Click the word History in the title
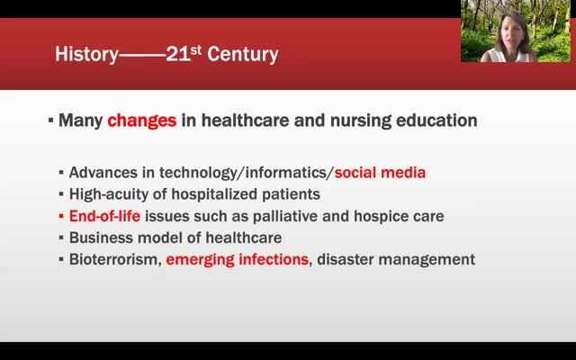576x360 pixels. (86, 54)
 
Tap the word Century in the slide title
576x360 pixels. (243, 54)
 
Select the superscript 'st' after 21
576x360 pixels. (196, 49)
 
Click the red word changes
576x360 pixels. (142, 121)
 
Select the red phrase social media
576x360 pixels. (380, 172)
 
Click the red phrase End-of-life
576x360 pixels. (104, 216)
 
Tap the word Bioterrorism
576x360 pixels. (115, 259)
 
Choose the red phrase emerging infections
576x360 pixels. (238, 260)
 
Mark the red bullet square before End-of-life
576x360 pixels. (61, 216)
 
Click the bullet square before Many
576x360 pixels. (50, 120)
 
